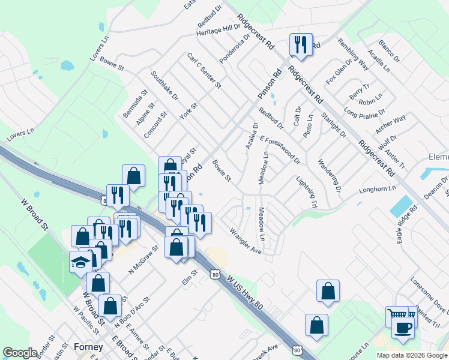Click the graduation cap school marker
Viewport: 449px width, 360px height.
[81, 262]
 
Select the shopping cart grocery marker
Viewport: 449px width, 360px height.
[397, 316]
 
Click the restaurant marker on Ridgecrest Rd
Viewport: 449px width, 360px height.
[300, 45]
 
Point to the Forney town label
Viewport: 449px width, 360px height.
[88, 347]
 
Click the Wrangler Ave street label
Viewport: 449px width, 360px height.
[246, 240]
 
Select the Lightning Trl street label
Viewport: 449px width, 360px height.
[306, 192]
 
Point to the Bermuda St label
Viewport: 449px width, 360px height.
[136, 104]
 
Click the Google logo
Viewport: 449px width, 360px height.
[20, 353]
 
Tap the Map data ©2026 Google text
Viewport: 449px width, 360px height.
[411, 355]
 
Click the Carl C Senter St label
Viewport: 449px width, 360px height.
[204, 71]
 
